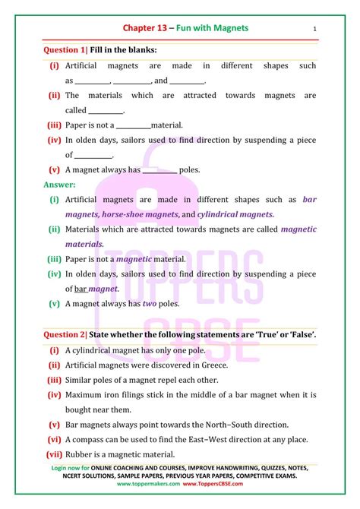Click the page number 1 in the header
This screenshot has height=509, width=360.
[314, 30]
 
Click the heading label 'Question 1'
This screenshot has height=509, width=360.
[65, 49]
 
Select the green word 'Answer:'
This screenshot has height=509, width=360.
[58, 184]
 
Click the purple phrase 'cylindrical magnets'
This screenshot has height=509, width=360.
[237, 214]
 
